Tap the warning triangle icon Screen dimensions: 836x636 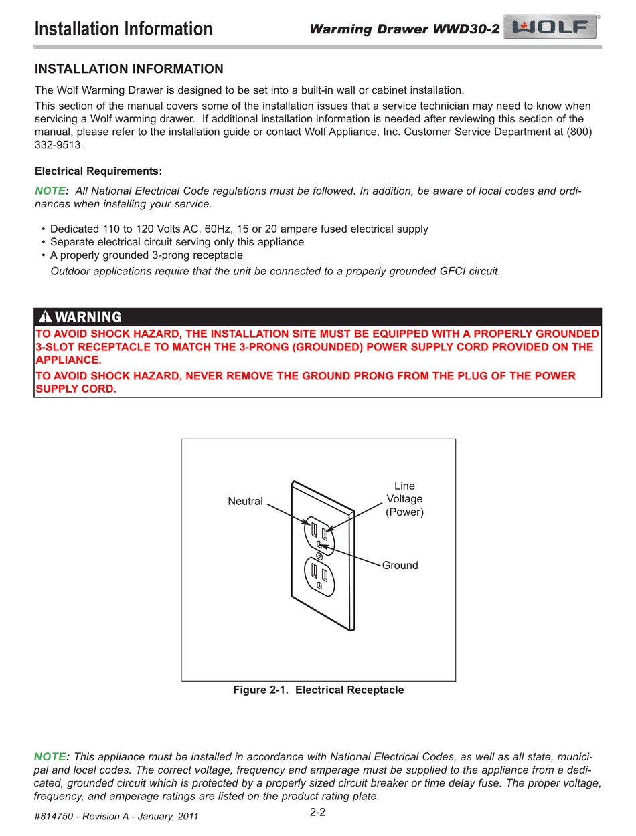click(45, 317)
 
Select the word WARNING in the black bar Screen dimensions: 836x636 click(88, 317)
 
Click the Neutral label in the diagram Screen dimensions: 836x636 click(245, 501)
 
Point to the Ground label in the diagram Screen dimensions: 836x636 click(400, 565)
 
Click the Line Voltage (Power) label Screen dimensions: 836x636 click(404, 499)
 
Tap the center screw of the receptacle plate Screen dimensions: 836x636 click(319, 554)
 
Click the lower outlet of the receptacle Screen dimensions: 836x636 click(319, 577)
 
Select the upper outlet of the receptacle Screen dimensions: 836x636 click(319, 534)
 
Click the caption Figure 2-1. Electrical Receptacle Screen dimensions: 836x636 click(318, 690)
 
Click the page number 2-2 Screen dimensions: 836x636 click(317, 813)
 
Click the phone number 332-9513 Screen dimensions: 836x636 click(58, 145)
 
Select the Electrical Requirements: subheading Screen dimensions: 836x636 click(98, 171)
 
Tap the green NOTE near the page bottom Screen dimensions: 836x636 click(50, 756)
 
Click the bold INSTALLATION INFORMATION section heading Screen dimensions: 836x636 click(129, 69)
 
